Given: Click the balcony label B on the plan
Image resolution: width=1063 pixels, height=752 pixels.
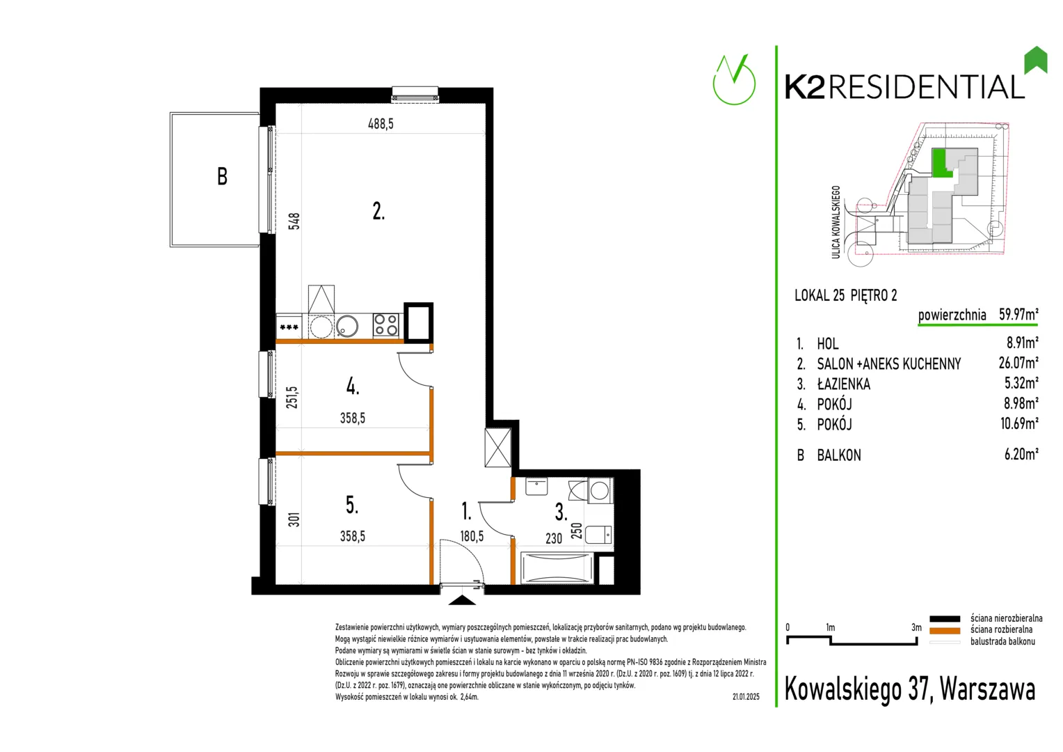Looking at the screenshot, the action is [222, 176].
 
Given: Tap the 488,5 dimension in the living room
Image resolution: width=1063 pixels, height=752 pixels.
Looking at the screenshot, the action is [381, 124].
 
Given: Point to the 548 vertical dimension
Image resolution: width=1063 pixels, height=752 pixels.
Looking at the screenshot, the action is [294, 221].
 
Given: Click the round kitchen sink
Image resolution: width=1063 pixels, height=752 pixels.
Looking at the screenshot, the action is [347, 326].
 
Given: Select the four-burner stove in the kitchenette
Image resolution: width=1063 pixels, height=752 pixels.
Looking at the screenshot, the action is [386, 325].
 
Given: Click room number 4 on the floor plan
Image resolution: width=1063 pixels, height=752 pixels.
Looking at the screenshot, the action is [353, 386].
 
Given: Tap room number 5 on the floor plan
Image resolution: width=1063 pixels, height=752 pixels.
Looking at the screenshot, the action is [352, 505].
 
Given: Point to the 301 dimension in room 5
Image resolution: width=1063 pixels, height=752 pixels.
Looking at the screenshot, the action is [294, 519].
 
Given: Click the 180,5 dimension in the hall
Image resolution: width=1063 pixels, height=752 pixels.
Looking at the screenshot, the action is [472, 536].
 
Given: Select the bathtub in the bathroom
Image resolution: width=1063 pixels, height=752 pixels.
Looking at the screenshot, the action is [557, 568].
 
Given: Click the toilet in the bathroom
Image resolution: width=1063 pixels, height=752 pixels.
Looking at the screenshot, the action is [598, 535].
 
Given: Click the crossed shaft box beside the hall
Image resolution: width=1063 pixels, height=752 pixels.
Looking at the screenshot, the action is [498, 448].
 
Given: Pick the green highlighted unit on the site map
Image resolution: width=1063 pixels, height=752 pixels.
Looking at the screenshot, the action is [941, 163].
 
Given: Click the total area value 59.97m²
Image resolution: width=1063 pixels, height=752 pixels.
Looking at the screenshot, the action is [1018, 315].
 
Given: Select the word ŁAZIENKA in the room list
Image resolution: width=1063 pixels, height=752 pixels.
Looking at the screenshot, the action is [844, 384].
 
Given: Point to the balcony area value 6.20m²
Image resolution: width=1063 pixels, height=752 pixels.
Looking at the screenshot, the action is [1021, 454].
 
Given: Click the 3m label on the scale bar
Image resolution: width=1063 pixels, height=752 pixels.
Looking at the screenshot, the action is [916, 627].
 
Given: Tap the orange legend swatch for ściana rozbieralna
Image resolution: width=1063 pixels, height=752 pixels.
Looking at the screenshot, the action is [944, 631].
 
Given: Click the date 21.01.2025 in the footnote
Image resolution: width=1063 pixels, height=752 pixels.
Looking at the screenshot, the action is [746, 697].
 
